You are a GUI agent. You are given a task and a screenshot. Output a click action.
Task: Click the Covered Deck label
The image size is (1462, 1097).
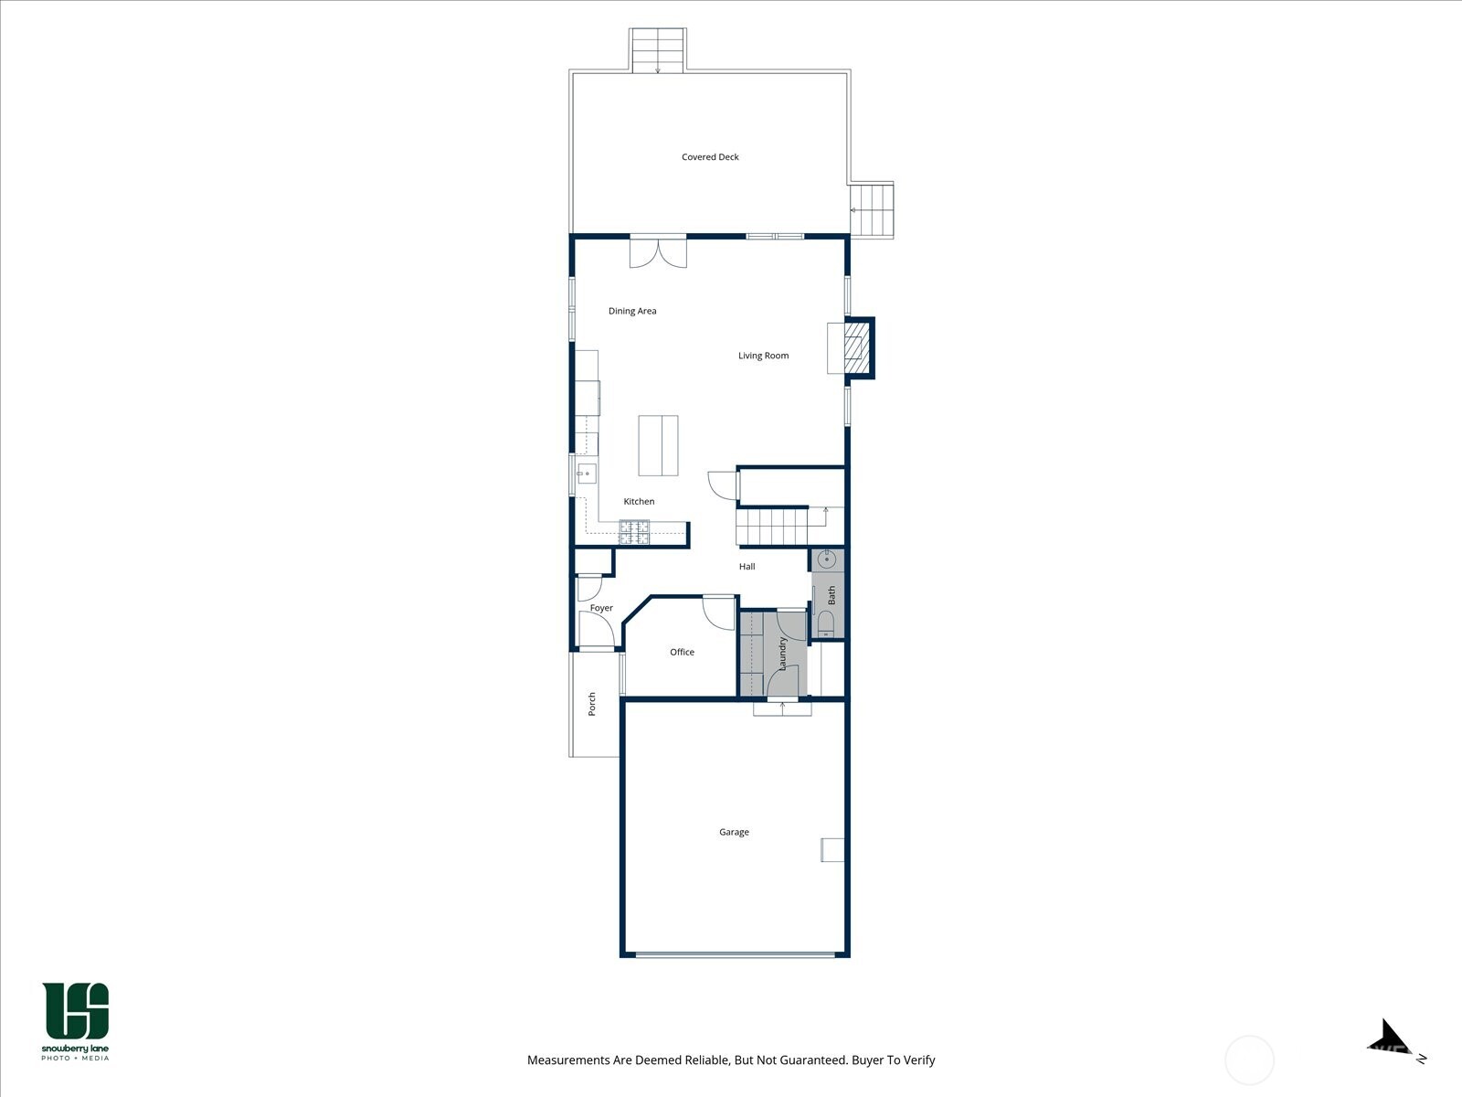point(710,157)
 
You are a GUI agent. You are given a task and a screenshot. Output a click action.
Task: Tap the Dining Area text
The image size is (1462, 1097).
point(632,311)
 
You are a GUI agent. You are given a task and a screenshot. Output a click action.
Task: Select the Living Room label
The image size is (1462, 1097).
point(763,356)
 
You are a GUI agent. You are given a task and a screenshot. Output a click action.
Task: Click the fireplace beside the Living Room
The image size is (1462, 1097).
point(857,348)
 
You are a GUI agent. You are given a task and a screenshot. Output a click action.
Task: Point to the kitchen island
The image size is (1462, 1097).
point(658,445)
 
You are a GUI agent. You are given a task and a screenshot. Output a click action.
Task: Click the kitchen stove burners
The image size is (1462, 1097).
point(634,532)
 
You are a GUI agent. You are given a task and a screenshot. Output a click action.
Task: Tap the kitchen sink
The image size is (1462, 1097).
point(586,474)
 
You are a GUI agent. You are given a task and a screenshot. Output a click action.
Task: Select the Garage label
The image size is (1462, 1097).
point(734,832)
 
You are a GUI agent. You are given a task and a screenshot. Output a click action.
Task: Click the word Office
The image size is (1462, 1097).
point(682,652)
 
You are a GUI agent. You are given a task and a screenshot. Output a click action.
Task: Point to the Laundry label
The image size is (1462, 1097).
point(782,654)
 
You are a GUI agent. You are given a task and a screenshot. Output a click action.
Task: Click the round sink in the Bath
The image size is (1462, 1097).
point(827,559)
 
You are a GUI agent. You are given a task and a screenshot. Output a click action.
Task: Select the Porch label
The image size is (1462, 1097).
point(592,703)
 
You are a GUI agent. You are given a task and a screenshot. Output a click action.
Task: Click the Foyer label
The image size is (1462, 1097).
point(601,608)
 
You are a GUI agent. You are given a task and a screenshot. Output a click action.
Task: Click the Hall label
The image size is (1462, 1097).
point(747,567)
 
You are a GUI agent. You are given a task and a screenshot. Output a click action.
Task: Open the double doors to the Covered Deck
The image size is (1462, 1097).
point(658,251)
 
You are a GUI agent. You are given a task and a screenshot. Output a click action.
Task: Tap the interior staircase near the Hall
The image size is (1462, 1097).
point(772,527)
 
